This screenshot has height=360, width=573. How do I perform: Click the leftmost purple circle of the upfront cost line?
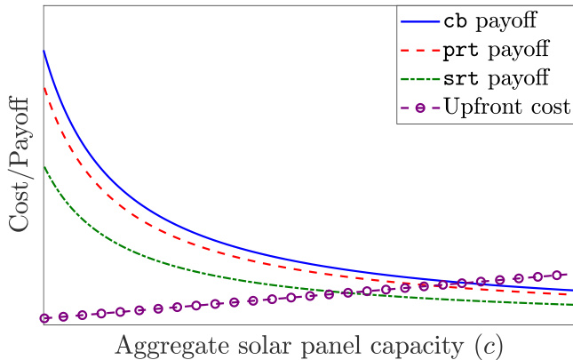[44, 317]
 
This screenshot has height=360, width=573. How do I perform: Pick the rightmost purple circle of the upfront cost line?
[557, 275]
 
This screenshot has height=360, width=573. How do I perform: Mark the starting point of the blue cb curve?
[44, 52]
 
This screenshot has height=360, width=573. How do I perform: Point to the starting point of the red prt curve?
[44, 88]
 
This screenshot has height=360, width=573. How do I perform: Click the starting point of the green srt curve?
[44, 166]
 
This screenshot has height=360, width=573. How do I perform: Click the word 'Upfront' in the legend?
[481, 108]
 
